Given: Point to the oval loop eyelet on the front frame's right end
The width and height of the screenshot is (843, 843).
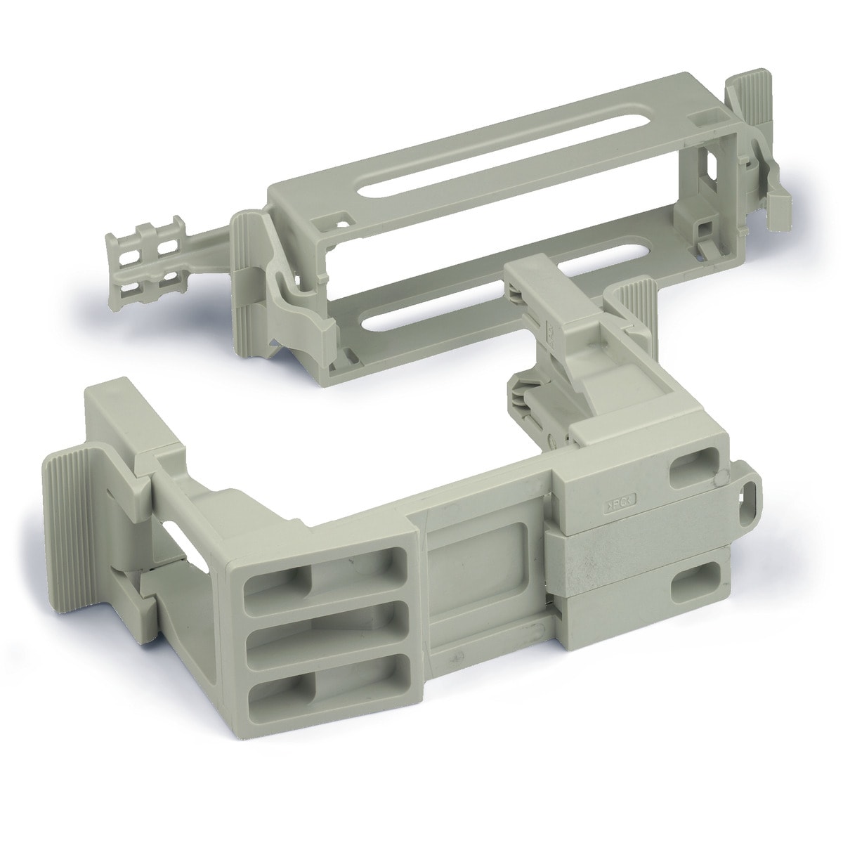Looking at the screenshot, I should tap(751, 492).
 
